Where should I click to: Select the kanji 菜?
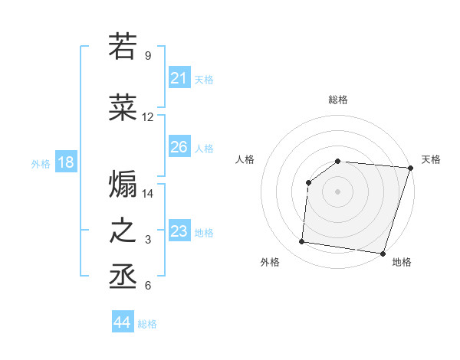click(123, 108)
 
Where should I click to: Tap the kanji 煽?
click(123, 185)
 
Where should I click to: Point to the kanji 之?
click(123, 231)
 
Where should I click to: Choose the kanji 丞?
click(123, 277)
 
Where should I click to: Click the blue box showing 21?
click(179, 78)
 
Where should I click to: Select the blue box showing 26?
click(179, 146)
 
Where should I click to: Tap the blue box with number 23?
click(179, 231)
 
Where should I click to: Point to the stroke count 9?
click(147, 55)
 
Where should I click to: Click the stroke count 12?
click(148, 118)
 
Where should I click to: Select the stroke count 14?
click(148, 194)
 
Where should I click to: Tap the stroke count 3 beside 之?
click(147, 241)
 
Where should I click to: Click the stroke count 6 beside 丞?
click(147, 286)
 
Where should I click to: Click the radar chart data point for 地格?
click(383, 254)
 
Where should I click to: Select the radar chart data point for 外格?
click(302, 242)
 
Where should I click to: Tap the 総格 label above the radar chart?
click(338, 100)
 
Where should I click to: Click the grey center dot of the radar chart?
click(338, 191)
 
